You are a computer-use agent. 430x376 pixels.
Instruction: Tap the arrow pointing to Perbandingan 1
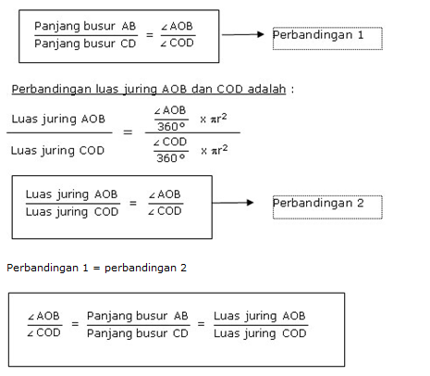tap(243, 34)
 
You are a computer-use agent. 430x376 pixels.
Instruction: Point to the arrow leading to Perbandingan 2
tap(233, 203)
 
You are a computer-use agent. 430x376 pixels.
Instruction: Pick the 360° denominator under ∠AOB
tap(171, 127)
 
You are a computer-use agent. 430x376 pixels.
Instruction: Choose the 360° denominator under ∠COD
tap(170, 158)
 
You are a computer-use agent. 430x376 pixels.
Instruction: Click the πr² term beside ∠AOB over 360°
tap(218, 119)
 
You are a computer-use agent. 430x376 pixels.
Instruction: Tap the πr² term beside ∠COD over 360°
tap(219, 150)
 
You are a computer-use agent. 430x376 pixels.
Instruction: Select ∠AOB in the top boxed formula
tap(177, 26)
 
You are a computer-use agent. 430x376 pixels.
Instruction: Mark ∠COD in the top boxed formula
tap(177, 43)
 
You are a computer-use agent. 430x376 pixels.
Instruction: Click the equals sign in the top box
tap(150, 35)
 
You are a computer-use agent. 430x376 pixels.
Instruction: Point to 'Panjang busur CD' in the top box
tap(85, 44)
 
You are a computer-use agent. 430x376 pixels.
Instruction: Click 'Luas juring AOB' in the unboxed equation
tap(58, 119)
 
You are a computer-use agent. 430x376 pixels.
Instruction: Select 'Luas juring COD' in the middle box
tap(72, 212)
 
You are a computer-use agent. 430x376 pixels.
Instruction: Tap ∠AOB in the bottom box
tap(43, 316)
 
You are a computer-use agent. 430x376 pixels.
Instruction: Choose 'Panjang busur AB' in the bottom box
tap(138, 316)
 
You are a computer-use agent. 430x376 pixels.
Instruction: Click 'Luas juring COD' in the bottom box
tap(260, 333)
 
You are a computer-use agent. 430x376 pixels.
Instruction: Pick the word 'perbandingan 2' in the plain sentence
tap(145, 268)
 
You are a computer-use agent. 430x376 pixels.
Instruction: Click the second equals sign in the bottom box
tap(201, 324)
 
